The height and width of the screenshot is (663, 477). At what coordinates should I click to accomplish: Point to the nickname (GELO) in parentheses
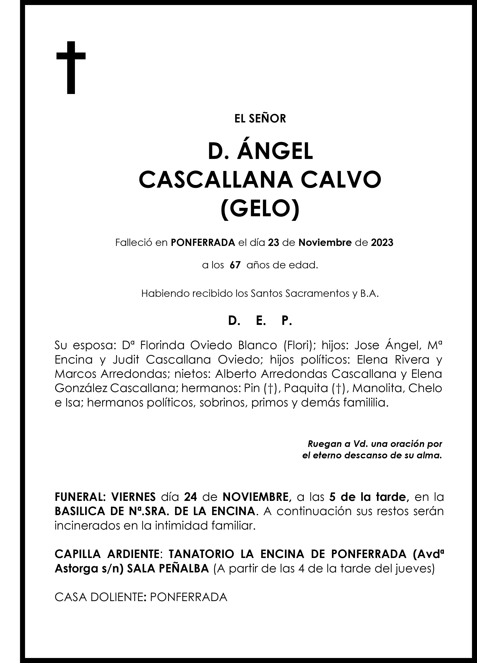(260, 207)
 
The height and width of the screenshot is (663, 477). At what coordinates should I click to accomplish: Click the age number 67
(235, 265)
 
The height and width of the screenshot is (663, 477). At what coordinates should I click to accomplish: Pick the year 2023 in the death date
(382, 243)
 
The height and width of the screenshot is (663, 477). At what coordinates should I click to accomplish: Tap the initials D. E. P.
(260, 321)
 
